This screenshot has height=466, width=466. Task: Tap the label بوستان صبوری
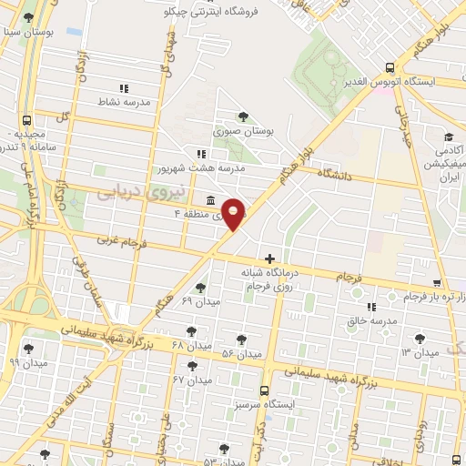pyautogui.click(x=243, y=132)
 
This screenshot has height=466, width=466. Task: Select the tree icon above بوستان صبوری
pyautogui.click(x=242, y=116)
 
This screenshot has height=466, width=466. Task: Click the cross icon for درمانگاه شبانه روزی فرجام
pyautogui.click(x=269, y=258)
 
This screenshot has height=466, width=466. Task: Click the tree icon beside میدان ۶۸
pyautogui.click(x=190, y=331)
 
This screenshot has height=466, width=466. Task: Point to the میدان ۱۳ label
pyautogui.click(x=420, y=351)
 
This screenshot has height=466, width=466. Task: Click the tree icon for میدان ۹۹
pyautogui.click(x=30, y=347)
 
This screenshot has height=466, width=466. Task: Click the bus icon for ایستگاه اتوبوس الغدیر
pyautogui.click(x=390, y=67)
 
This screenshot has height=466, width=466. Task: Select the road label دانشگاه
pyautogui.click(x=334, y=172)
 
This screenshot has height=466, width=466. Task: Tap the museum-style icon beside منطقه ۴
pyautogui.click(x=211, y=200)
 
